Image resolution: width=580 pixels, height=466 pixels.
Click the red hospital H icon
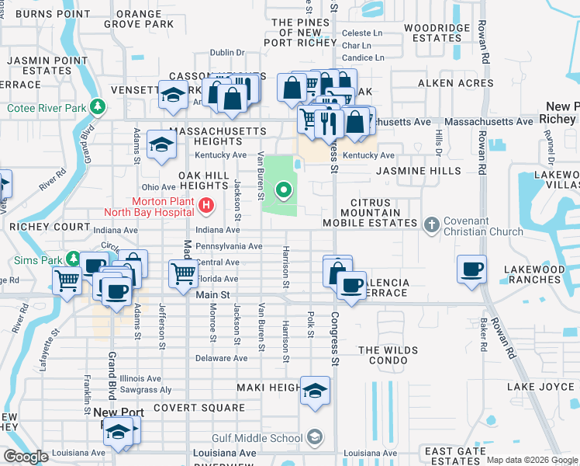[206, 206]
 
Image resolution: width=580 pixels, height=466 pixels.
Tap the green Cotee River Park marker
[97, 106]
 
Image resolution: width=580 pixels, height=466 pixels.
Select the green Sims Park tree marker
[72, 258]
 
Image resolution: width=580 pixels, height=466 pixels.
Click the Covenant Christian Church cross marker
[433, 224]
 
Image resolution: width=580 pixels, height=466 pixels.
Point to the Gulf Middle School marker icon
[314, 437]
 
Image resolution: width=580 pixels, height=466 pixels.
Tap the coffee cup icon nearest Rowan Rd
[472, 270]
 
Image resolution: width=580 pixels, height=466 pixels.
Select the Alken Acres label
[455, 83]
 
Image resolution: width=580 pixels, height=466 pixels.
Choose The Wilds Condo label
[388, 355]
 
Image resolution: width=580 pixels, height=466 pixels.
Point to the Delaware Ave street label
[221, 358]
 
